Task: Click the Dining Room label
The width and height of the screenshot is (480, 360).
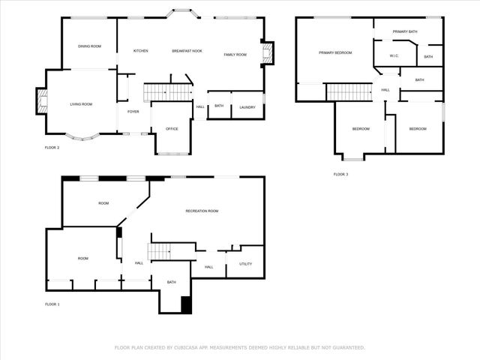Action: point(89,46)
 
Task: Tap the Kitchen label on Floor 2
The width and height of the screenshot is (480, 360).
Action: point(140,51)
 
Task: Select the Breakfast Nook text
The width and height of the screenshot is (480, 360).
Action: point(187,51)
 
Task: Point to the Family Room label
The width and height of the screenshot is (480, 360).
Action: point(235,55)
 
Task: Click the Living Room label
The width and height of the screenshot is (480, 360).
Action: point(81,104)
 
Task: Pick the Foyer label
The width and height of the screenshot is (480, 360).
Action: point(133,112)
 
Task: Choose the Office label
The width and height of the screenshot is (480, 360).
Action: point(171,130)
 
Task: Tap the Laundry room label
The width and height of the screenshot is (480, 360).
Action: point(247,107)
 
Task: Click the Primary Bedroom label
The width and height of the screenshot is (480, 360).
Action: point(334,52)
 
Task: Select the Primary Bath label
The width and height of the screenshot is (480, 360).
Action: point(404,31)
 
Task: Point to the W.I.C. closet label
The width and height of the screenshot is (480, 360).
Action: point(394,57)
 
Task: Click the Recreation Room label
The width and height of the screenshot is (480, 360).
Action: point(202,211)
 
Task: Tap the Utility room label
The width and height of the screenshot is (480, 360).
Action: point(245,264)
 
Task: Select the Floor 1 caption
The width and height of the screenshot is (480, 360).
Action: point(52,304)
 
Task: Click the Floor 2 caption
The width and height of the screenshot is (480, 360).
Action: point(52,148)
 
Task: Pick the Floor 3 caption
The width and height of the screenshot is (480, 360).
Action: point(340,174)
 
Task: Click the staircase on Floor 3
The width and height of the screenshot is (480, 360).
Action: point(349,91)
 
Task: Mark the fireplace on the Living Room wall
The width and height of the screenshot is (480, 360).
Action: point(40,102)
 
